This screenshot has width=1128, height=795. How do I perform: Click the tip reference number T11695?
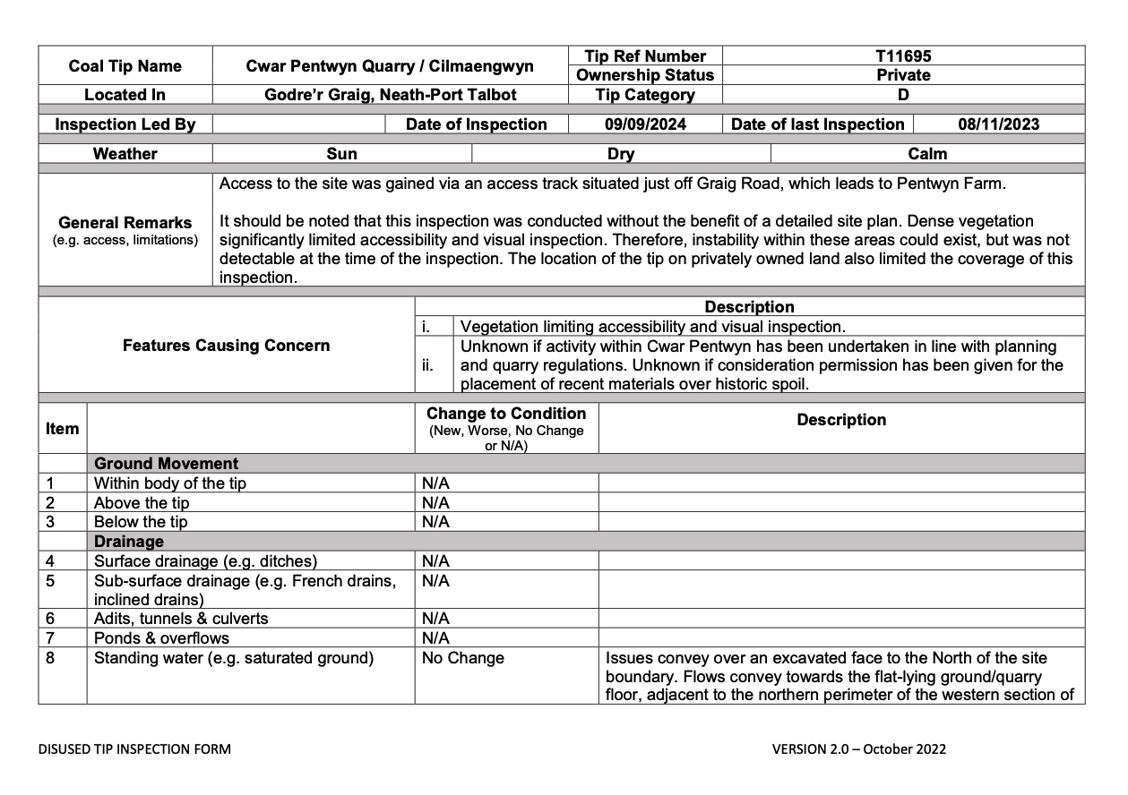(902, 56)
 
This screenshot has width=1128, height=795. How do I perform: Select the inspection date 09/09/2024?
(645, 124)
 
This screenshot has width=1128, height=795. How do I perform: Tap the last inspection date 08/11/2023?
(998, 124)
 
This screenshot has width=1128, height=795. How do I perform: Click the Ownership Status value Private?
(902, 75)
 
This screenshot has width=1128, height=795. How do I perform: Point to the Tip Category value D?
(902, 95)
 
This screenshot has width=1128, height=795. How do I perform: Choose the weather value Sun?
(341, 154)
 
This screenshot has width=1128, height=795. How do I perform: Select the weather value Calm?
(927, 154)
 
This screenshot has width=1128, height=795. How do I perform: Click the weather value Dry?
(620, 154)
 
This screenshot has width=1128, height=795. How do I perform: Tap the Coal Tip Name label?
(125, 65)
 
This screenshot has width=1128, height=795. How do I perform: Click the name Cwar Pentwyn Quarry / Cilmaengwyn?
(390, 65)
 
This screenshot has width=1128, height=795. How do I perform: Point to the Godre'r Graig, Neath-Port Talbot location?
(390, 95)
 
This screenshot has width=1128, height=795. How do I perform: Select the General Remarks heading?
(125, 223)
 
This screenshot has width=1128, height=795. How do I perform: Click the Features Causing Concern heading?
(226, 346)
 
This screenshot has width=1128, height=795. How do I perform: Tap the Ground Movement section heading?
(167, 464)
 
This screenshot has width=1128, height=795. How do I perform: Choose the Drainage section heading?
(129, 542)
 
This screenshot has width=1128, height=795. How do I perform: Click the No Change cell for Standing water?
(462, 658)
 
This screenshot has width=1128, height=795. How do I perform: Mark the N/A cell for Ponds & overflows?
(435, 638)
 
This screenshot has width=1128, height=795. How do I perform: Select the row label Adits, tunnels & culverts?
(180, 619)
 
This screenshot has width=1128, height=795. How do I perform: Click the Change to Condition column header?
(506, 414)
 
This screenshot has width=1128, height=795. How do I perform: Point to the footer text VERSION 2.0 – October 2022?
(858, 749)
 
